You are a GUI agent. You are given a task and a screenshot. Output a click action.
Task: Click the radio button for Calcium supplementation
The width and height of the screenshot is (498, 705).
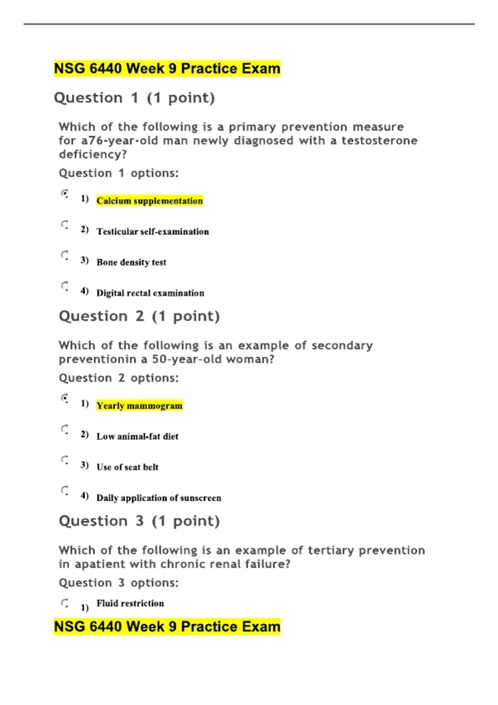[x=65, y=193]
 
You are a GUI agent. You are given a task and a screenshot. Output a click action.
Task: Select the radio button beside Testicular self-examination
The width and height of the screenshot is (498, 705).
[x=65, y=225]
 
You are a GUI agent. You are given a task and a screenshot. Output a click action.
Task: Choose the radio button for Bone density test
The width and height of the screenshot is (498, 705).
[x=65, y=255]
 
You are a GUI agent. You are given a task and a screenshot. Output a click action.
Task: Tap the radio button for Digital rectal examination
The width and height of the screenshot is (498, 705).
[x=65, y=286]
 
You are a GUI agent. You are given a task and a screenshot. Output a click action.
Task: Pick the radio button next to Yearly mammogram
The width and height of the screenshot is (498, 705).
[x=65, y=398]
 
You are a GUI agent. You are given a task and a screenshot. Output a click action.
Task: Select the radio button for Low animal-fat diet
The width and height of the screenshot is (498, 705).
[x=65, y=429]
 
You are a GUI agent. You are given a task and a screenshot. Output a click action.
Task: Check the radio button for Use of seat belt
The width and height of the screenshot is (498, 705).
[x=65, y=459]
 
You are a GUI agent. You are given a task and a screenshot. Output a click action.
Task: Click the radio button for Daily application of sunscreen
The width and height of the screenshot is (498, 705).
[x=65, y=490]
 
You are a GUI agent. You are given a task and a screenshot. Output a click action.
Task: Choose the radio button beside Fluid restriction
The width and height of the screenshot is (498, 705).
[x=65, y=603]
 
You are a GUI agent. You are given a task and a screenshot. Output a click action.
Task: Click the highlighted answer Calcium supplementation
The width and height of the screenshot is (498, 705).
[x=149, y=201]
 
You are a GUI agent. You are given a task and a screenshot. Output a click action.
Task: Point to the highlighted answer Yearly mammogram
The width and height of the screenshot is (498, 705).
[x=139, y=406]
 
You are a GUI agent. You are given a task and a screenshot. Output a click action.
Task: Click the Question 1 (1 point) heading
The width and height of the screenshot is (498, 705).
[x=134, y=98]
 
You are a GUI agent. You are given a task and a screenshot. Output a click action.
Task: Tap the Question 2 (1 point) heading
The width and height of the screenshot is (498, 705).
[x=139, y=316]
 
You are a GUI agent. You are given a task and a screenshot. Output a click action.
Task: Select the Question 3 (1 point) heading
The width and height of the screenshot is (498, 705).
[x=139, y=521]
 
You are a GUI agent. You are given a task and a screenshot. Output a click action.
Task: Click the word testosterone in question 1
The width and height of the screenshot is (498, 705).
[x=379, y=141]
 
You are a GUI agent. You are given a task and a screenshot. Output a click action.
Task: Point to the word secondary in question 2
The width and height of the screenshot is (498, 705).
[x=342, y=345]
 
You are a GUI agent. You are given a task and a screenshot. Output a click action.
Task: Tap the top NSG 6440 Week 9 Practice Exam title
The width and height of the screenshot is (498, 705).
[x=167, y=68]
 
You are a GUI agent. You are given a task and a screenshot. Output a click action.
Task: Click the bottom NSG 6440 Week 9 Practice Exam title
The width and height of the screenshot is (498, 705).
[x=167, y=627]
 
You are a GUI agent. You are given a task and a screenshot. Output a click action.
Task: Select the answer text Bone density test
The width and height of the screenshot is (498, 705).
[x=131, y=263]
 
